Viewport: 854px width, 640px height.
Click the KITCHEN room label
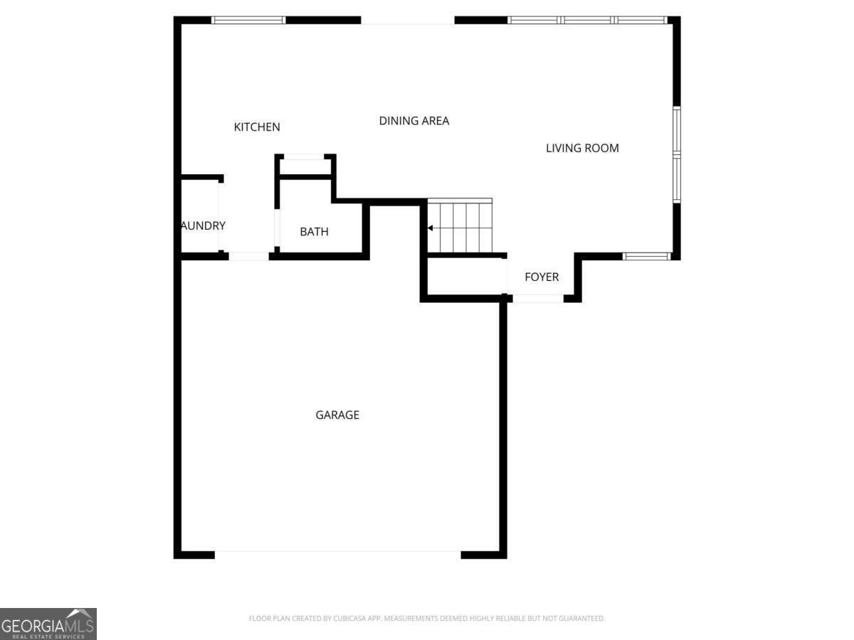point(257,127)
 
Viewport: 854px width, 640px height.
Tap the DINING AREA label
point(413,121)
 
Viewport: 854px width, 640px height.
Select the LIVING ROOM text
point(582,148)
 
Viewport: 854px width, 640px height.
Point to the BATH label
point(314,232)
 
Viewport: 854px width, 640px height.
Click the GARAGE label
point(337,415)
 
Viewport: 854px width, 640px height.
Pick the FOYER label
point(542,277)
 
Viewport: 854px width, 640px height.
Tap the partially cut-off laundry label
point(203,225)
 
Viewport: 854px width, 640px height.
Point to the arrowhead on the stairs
point(430,228)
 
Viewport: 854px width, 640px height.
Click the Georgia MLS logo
point(48,624)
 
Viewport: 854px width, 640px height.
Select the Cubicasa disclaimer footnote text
point(426,619)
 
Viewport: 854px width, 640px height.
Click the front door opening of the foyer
point(538,299)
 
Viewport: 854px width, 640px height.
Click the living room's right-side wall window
point(676,154)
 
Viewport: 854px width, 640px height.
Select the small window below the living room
point(646,256)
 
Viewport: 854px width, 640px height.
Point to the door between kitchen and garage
point(248,256)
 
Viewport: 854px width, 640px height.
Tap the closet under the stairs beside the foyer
point(466,276)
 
